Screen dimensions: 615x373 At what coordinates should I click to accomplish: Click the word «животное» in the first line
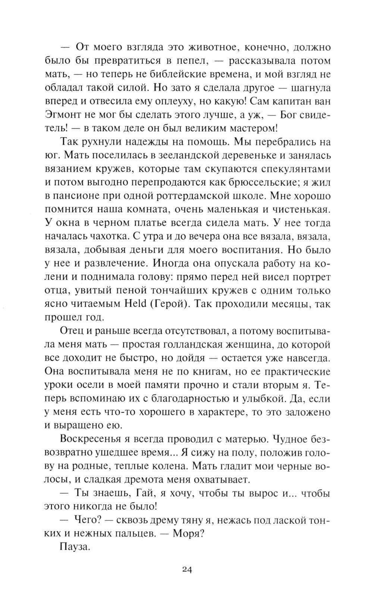211,47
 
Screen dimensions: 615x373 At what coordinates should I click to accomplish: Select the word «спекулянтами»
290,169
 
